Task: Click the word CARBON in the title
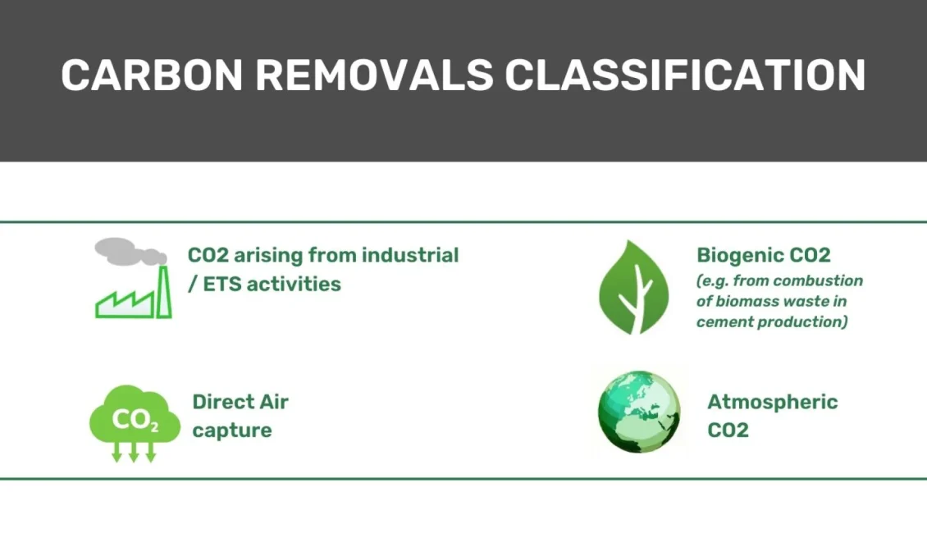152,75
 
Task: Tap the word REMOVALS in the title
374,75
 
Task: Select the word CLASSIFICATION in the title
685,75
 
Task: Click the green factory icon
134,292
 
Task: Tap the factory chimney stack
164,292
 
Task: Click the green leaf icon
634,287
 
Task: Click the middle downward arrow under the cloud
134,452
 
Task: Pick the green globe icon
639,412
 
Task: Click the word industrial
410,255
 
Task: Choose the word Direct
217,402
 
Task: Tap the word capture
232,430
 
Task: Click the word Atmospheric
773,403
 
